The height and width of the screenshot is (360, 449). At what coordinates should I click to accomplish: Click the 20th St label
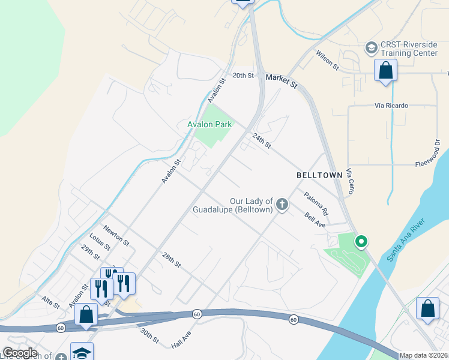(x=244, y=76)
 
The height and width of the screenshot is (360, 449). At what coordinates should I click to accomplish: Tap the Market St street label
(x=282, y=80)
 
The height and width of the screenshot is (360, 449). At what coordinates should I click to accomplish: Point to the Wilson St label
(x=328, y=59)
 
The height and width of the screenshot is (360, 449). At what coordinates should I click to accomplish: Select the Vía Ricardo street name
(x=391, y=106)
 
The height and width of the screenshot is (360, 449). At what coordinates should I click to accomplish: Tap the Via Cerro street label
(x=350, y=181)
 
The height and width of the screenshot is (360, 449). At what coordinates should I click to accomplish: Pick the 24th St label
(x=262, y=141)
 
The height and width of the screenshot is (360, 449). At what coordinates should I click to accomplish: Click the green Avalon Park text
(x=209, y=125)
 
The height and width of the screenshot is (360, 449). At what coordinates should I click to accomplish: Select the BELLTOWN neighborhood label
(x=319, y=175)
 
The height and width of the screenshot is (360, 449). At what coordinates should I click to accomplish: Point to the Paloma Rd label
(x=316, y=204)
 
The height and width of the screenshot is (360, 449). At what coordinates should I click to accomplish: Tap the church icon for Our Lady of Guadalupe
(x=282, y=205)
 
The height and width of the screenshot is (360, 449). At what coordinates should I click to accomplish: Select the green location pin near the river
(x=361, y=242)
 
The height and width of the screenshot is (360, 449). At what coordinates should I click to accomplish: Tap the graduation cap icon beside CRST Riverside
(x=372, y=47)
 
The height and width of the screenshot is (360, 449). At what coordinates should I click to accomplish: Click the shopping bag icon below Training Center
(x=385, y=70)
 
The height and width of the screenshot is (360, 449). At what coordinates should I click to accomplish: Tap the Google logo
(x=20, y=353)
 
